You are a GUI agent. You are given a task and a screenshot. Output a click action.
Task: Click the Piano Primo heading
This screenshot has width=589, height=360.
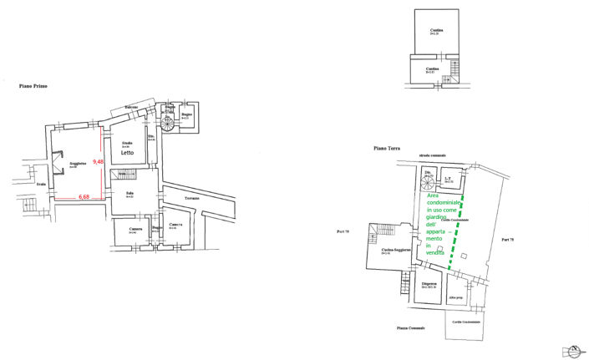tap(34, 85)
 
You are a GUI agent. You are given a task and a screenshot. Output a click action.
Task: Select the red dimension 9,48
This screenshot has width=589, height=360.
tap(98, 161)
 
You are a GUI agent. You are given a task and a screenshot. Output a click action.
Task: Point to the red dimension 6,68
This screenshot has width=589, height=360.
tap(84, 196)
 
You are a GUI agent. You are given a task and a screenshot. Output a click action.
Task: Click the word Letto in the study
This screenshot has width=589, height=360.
tap(127, 153)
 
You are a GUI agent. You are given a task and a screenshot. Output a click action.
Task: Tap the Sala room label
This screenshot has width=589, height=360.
tap(129, 193)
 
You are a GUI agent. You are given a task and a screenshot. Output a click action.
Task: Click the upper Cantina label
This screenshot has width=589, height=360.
tap(434, 30)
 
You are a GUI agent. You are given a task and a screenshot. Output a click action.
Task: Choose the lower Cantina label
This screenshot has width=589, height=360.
tap(430, 68)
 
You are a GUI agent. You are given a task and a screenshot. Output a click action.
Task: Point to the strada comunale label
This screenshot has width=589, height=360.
tap(433, 156)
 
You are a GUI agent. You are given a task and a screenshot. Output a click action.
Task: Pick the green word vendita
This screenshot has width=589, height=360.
tap(435, 253)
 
